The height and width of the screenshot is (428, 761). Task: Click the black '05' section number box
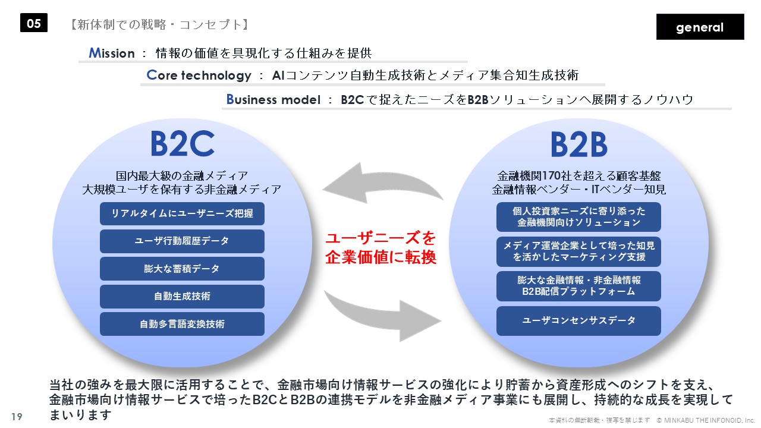(34, 23)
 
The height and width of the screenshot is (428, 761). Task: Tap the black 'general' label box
(700, 27)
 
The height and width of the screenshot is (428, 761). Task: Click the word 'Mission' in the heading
(111, 53)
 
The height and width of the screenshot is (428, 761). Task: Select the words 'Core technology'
(199, 75)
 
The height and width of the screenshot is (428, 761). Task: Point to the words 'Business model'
(273, 99)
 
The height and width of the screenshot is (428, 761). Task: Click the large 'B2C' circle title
(183, 144)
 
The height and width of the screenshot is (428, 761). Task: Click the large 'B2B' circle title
(579, 144)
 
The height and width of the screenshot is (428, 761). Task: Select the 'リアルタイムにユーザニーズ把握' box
(182, 213)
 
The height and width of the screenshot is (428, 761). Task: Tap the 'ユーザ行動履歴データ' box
(182, 241)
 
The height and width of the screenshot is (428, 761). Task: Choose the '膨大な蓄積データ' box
(182, 269)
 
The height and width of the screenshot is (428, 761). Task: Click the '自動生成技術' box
(182, 296)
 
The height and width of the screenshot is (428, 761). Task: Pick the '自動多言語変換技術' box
(182, 324)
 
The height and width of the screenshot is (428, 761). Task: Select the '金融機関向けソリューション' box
(578, 217)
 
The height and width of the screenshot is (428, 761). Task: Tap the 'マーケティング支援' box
(578, 251)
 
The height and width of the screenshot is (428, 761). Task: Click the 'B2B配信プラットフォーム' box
(578, 286)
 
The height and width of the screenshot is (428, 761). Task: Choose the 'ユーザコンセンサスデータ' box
(578, 320)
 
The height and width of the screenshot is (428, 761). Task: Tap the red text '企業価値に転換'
(381, 257)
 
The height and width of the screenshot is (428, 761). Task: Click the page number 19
(17, 417)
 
